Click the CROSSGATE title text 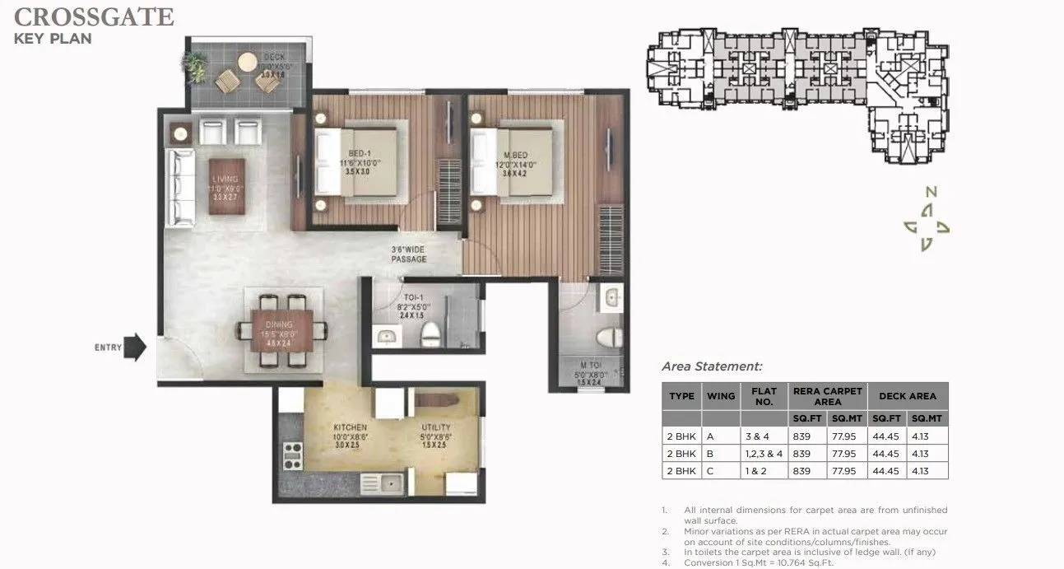click(94, 16)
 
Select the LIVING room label click(225, 179)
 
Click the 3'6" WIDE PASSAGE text click(409, 254)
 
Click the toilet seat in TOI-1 click(430, 334)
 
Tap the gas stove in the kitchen click(291, 455)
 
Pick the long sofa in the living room click(181, 188)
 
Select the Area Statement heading click(712, 366)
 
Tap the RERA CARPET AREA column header click(827, 395)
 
